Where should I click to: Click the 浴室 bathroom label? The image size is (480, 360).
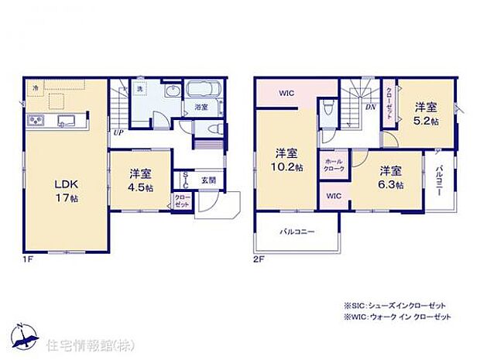click(201, 107)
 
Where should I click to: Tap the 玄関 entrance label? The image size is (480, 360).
click(209, 180)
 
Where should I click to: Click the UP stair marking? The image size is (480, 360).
click(119, 132)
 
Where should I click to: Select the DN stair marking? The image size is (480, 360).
click(370, 108)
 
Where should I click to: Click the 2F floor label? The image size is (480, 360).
click(259, 259)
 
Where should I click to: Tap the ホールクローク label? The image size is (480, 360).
click(334, 165)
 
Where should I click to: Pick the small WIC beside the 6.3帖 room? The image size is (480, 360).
click(334, 197)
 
